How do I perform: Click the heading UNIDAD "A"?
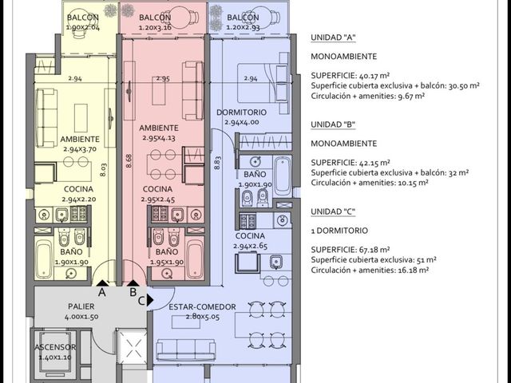click(333, 38)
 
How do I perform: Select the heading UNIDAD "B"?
click(333, 124)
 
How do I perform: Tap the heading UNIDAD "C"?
click(333, 211)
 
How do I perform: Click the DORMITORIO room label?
click(241, 113)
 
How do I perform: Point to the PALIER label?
click(81, 306)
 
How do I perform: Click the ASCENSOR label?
click(55, 347)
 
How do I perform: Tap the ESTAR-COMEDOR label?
click(202, 306)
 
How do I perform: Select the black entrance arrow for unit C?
click(150, 300)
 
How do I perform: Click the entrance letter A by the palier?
click(102, 293)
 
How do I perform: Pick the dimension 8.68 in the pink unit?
click(129, 161)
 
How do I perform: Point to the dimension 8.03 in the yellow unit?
click(103, 170)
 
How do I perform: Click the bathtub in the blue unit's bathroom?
click(282, 176)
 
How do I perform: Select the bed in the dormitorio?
click(263, 83)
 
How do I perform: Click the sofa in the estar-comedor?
click(186, 349)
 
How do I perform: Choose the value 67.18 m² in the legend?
click(374, 250)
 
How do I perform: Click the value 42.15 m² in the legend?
click(374, 163)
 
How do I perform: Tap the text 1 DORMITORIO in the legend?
click(339, 231)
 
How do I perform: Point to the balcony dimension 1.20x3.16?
click(155, 27)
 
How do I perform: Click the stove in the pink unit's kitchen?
click(160, 214)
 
